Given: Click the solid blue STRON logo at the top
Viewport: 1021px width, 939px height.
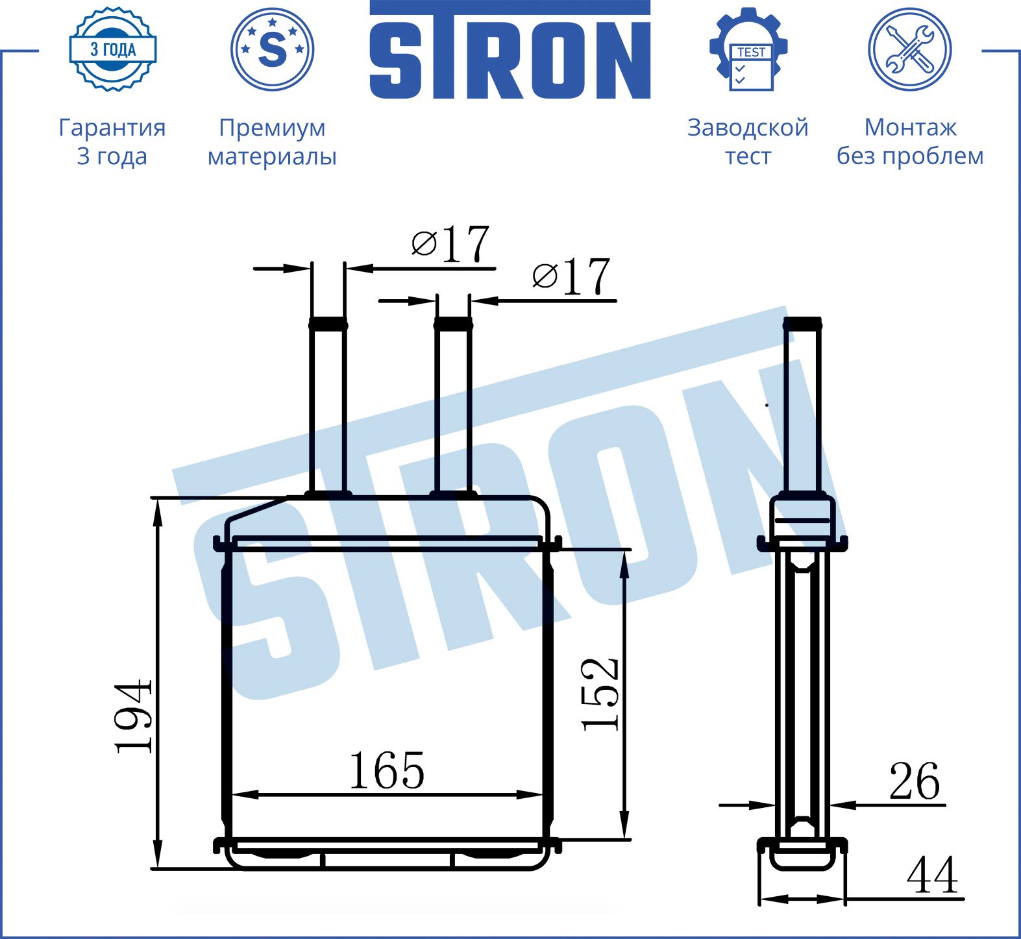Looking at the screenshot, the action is [510, 50].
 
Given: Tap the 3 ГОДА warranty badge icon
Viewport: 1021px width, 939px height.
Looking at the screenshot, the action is [113, 49].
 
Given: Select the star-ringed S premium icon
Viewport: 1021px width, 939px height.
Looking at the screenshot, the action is [273, 49].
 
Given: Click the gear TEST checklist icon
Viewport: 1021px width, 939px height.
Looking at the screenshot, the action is [748, 49].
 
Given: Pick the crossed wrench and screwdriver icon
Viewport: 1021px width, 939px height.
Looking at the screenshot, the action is [910, 49].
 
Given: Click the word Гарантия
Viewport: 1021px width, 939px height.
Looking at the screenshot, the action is [112, 128].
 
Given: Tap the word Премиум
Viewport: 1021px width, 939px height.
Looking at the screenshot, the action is [272, 128].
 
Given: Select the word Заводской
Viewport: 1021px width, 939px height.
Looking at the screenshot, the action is [748, 128].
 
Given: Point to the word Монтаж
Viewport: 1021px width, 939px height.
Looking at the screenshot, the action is [910, 128].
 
